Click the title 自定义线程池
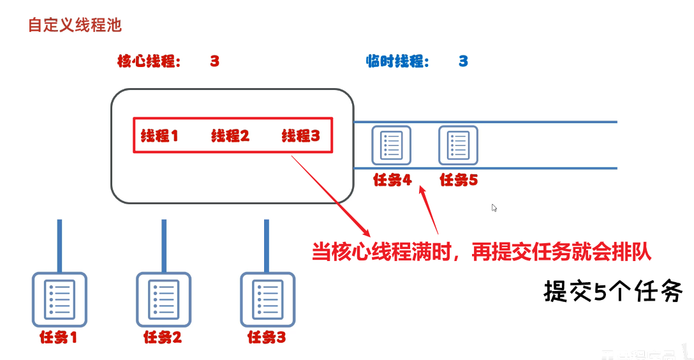pos(75,26)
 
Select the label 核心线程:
pos(149,61)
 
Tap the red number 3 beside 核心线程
pos(214,61)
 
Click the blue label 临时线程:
pos(397,61)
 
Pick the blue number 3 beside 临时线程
pos(463,61)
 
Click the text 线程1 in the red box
pos(159,135)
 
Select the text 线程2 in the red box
pos(230,135)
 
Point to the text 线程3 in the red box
pos(300,135)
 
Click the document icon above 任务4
pos(391,145)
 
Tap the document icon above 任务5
pos(458,145)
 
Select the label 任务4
pos(392,181)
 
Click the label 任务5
pos(459,181)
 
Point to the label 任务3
pos(266,338)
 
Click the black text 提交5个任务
pos(613,292)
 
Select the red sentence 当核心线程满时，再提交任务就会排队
pos(482,251)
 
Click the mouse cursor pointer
pos(494,207)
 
